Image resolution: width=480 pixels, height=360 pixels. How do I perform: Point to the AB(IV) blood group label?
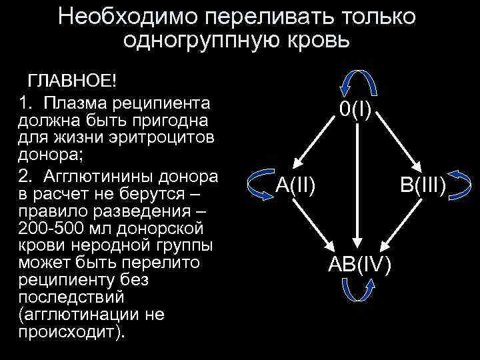click(x=361, y=263)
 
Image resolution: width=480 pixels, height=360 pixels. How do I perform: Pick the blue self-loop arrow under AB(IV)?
click(x=359, y=289)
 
